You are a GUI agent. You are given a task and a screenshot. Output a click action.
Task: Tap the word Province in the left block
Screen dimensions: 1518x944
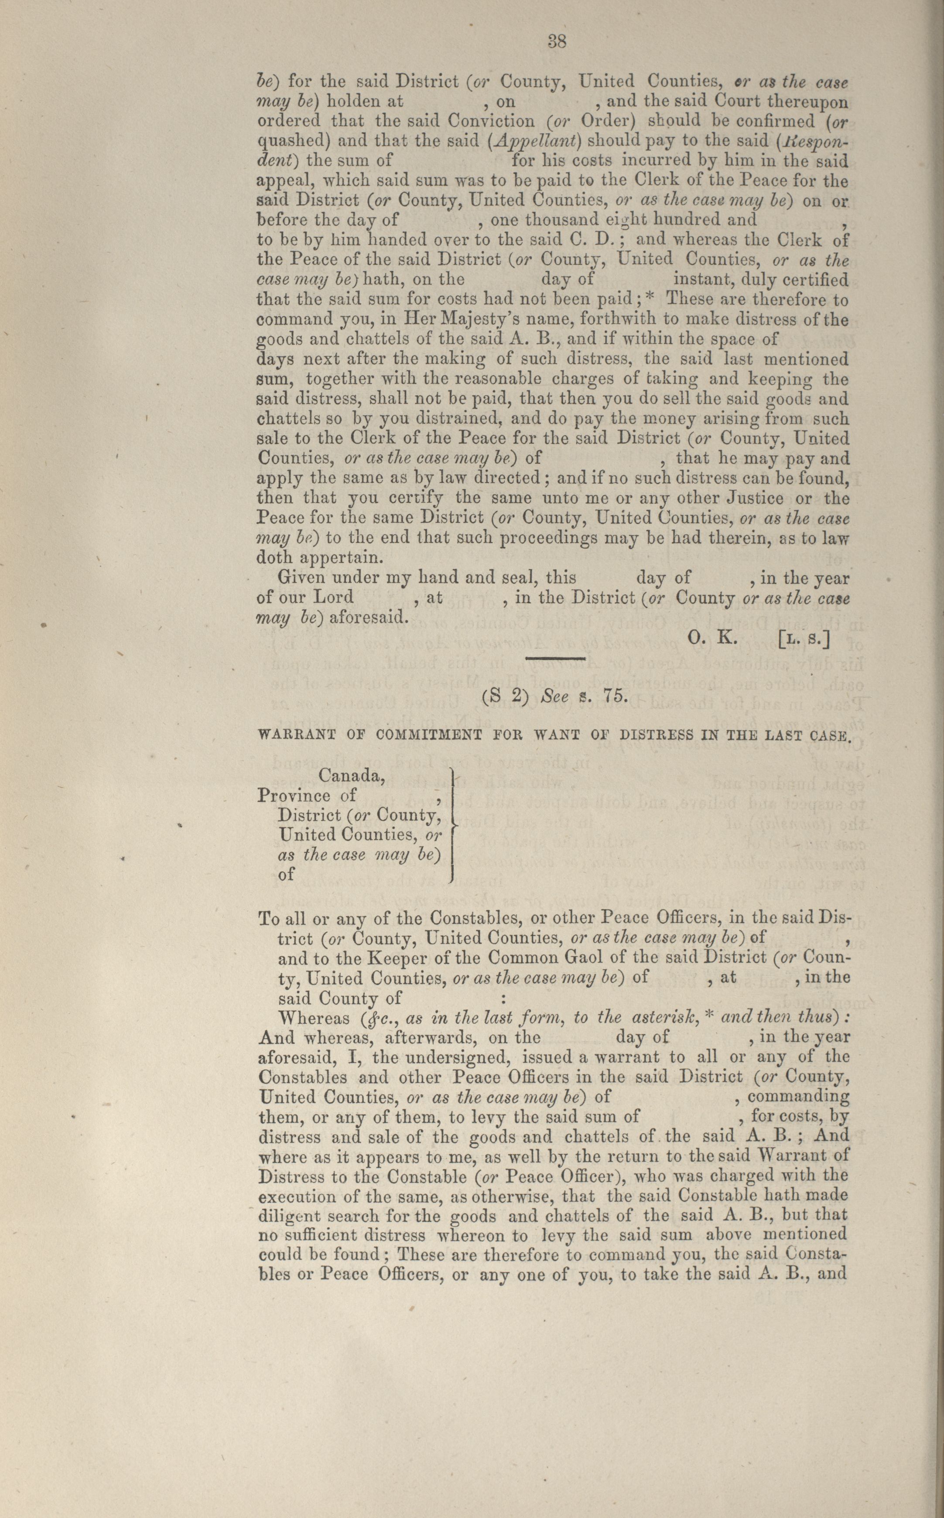click(294, 796)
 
